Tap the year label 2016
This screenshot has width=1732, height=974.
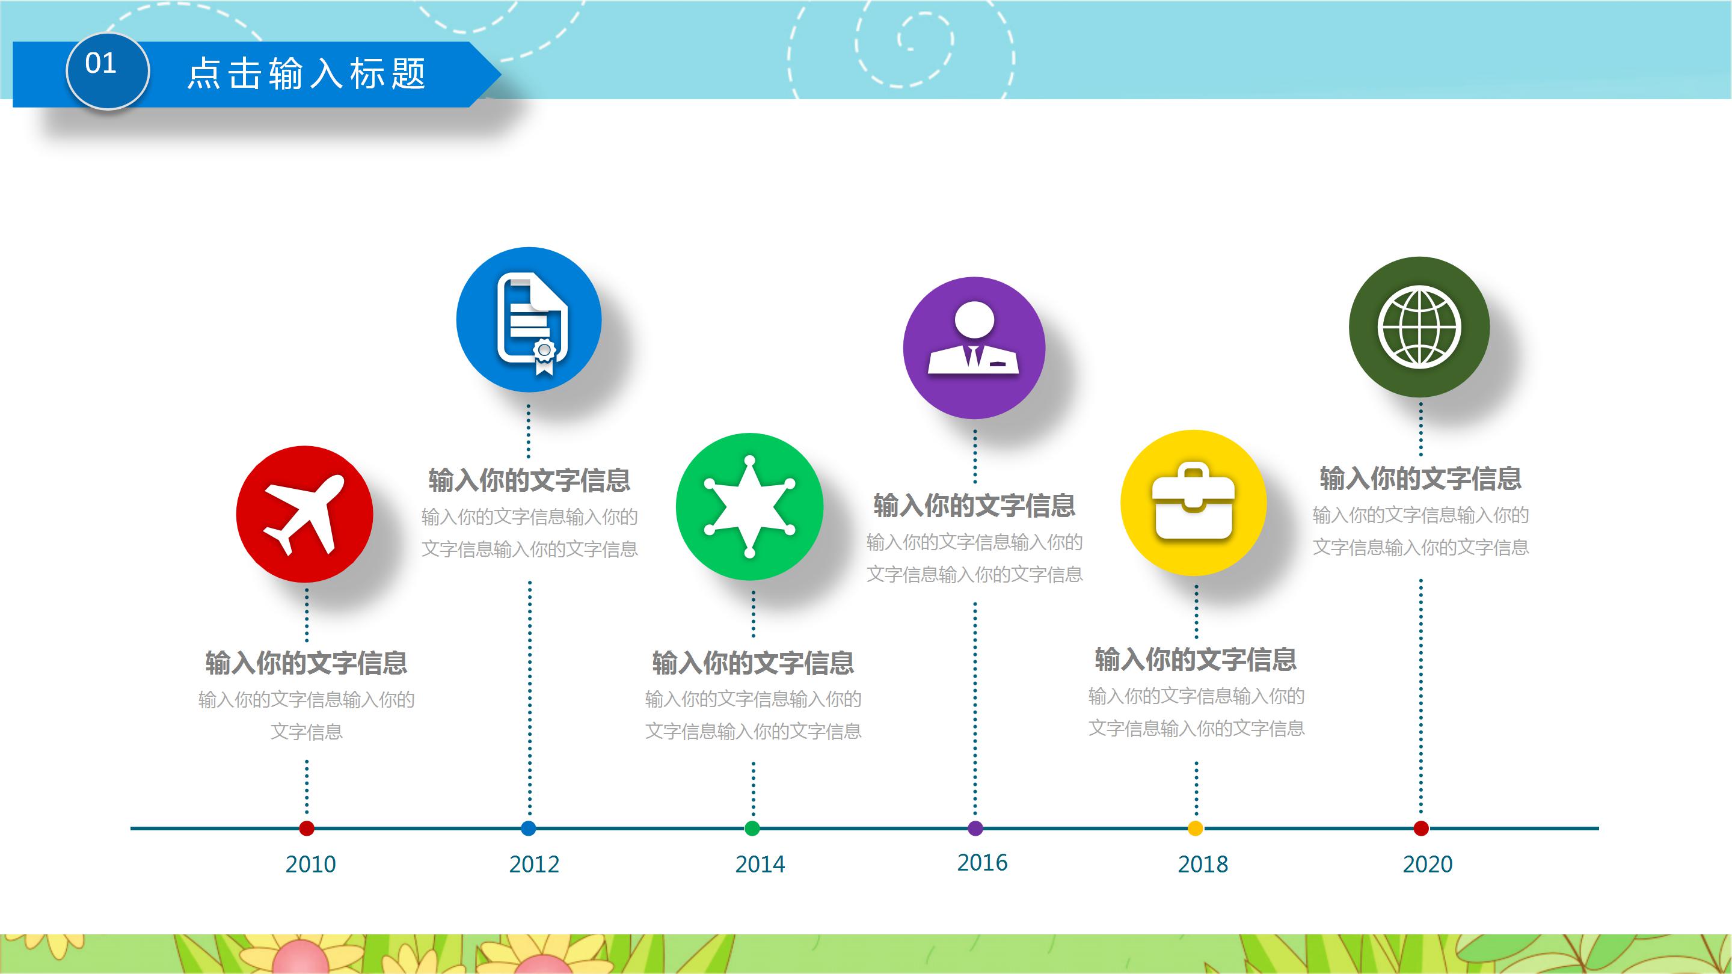tap(981, 862)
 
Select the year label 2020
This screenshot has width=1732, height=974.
tap(1428, 864)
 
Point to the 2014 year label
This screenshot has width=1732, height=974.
tap(760, 864)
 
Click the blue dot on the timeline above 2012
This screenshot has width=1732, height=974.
tap(529, 828)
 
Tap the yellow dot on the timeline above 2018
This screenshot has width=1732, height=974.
tap(1195, 828)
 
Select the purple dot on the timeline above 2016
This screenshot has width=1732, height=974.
tap(975, 828)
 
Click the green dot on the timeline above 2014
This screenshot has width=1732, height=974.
tap(752, 828)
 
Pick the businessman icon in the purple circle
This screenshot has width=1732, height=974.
tap(974, 340)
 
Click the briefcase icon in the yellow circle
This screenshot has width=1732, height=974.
tap(1193, 503)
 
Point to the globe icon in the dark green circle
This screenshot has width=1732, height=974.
tap(1419, 327)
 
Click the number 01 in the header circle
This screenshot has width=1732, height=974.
tap(101, 64)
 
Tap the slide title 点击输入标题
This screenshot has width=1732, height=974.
tap(307, 73)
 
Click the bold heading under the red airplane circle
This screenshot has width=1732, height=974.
tap(306, 663)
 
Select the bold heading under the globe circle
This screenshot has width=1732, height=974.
tap(1420, 479)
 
